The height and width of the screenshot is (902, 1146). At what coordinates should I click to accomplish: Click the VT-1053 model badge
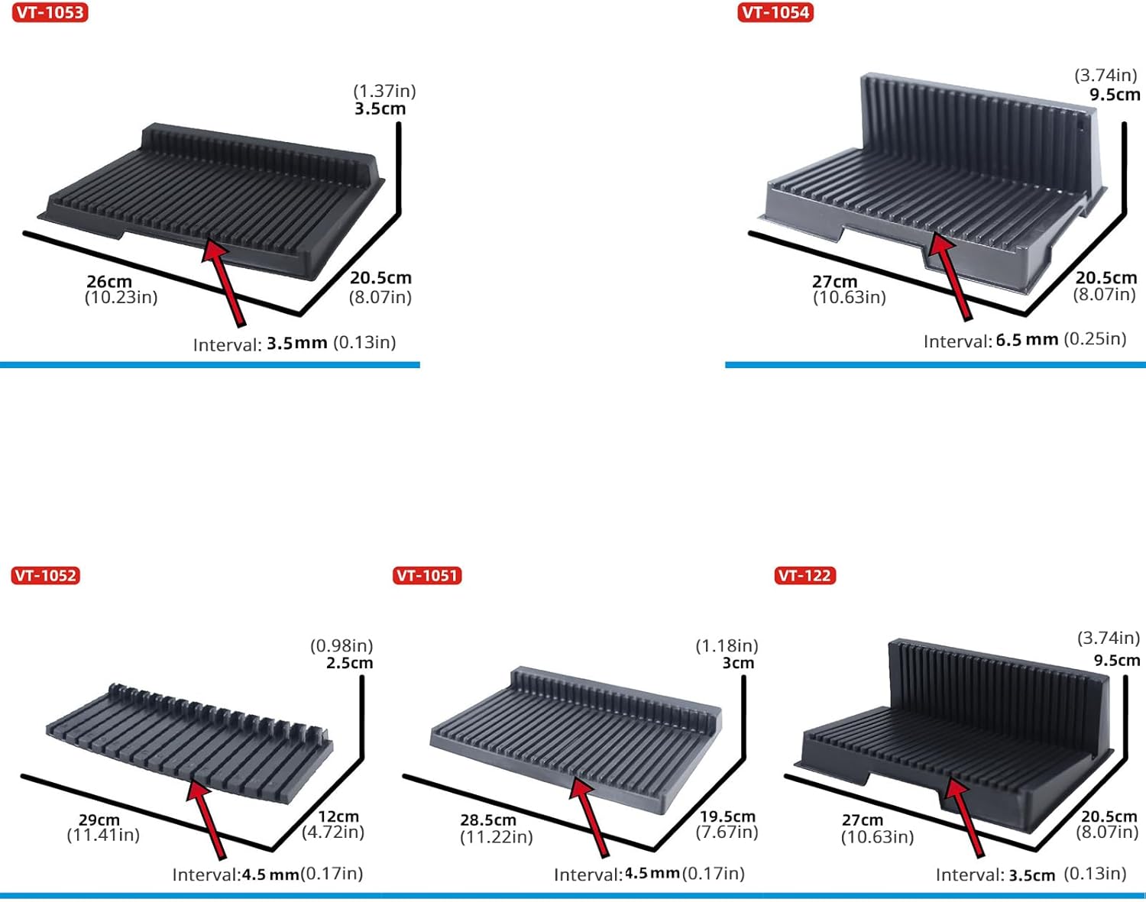click(50, 13)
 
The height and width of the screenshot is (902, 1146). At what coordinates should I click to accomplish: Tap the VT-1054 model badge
click(775, 13)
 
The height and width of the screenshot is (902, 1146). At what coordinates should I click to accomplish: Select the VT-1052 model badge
click(46, 575)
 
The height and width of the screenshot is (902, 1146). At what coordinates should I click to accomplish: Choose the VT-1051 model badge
click(427, 575)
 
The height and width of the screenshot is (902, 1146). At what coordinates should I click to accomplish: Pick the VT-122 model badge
click(804, 575)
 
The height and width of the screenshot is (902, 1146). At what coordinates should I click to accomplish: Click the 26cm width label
click(109, 281)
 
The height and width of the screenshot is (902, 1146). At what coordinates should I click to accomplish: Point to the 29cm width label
click(99, 820)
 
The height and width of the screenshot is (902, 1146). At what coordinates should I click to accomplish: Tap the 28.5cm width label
click(488, 820)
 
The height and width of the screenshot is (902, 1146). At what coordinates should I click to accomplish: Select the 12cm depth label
click(338, 816)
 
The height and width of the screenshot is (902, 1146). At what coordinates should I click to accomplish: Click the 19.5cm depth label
click(727, 816)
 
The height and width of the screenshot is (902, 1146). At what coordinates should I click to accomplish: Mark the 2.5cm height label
click(350, 663)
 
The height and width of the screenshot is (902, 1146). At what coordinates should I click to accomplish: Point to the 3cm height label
click(738, 663)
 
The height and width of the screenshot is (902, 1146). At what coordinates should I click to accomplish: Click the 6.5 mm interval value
click(1027, 340)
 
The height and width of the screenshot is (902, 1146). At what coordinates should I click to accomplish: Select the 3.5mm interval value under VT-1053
click(296, 343)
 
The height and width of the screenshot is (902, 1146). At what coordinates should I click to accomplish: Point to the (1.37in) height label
click(384, 91)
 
